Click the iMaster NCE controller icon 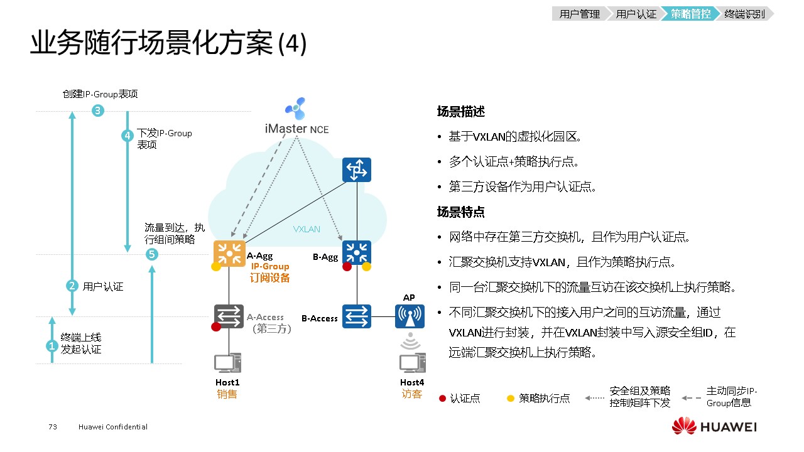294,108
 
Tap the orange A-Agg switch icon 229,254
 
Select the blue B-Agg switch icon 357,254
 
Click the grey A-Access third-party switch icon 229,316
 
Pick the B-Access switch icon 357,316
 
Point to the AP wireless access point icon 410,316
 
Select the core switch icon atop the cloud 357,170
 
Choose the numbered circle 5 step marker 151,254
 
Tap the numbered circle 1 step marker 52,345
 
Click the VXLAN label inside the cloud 307,229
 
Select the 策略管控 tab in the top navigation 690,14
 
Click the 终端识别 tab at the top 744,14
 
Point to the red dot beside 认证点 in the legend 442,398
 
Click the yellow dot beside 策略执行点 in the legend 511,398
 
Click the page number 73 53,427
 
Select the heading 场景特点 461,212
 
